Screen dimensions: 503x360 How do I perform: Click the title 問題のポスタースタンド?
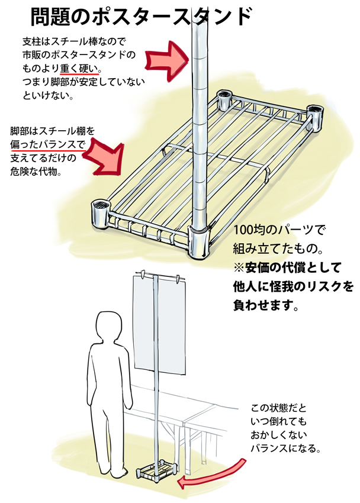tap(140, 17)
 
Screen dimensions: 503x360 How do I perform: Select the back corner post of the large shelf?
tap(225, 99)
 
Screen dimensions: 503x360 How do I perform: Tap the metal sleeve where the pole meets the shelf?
tap(199, 240)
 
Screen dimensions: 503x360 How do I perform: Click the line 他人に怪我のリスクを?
tap(292, 287)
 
